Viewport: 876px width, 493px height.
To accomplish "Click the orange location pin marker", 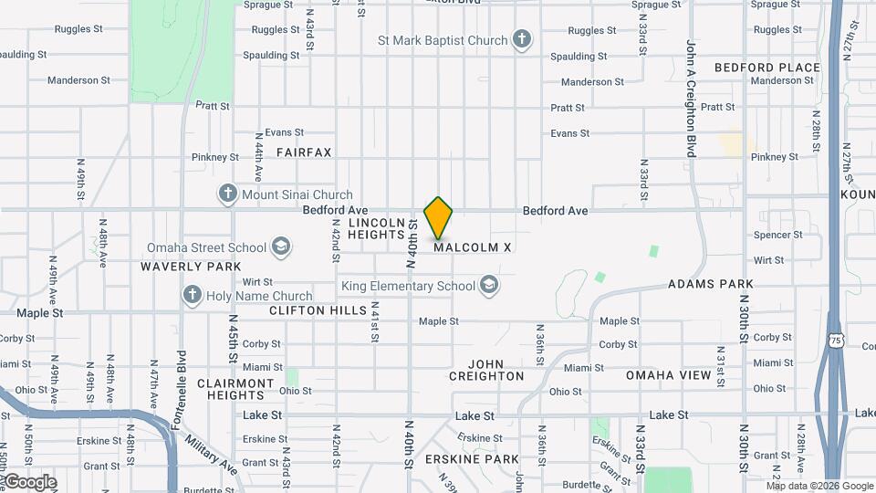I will pyautogui.click(x=439, y=217).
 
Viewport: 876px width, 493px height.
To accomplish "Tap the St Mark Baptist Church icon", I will pyautogui.click(x=521, y=40).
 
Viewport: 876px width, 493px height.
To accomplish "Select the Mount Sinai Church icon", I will pyautogui.click(x=227, y=194).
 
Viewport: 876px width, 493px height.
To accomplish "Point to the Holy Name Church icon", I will pyautogui.click(x=192, y=295).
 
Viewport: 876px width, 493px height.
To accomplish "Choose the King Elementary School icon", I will pyautogui.click(x=490, y=286).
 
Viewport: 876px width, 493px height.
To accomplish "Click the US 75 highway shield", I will pyautogui.click(x=836, y=341).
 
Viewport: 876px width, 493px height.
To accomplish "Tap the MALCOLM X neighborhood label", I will pyautogui.click(x=472, y=247).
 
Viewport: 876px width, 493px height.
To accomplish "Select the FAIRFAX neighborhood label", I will pyautogui.click(x=304, y=152).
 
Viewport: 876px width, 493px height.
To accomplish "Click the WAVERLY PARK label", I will pyautogui.click(x=191, y=267).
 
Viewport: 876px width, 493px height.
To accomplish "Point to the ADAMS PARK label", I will pyautogui.click(x=711, y=284).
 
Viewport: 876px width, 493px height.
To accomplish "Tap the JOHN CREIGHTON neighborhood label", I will pyautogui.click(x=486, y=370).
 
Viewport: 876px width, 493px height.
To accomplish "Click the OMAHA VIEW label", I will pyautogui.click(x=668, y=375).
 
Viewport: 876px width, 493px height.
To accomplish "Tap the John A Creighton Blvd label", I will pyautogui.click(x=692, y=99).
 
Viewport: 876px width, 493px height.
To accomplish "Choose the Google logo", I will pyautogui.click(x=29, y=482).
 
